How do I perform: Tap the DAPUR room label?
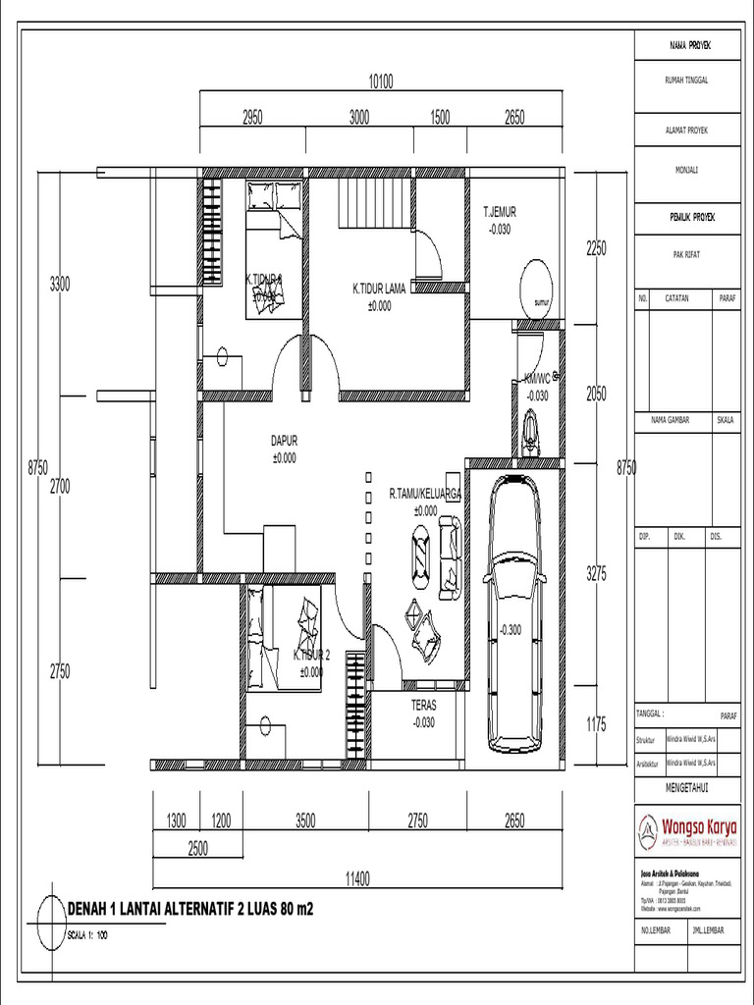(x=285, y=442)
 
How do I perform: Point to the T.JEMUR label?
(x=499, y=212)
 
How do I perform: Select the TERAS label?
(x=424, y=705)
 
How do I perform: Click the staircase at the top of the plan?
(x=373, y=204)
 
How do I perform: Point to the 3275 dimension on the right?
(x=597, y=574)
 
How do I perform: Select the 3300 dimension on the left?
(x=60, y=285)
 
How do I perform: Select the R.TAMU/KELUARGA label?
(x=424, y=496)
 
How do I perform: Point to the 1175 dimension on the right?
(x=597, y=724)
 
